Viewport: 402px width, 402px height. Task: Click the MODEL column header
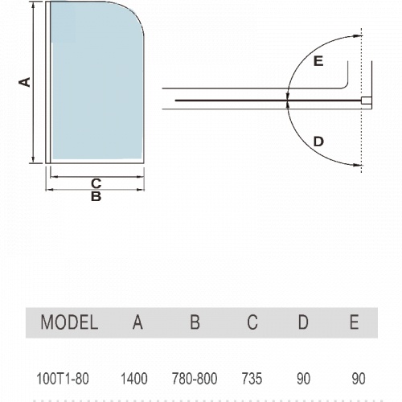69,322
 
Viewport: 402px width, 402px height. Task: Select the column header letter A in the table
137,322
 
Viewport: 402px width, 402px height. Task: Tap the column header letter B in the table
195,322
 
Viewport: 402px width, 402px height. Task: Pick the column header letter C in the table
252,322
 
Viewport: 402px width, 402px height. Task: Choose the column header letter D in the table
303,322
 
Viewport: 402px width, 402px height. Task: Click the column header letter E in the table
355,322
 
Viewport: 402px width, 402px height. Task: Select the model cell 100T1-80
63,379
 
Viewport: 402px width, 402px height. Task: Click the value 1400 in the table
134,379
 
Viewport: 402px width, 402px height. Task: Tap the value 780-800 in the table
195,379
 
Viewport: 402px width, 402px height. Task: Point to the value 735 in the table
252,379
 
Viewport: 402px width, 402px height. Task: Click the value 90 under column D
303,379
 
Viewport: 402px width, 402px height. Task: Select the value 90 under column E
359,379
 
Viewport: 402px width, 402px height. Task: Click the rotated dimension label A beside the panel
25,82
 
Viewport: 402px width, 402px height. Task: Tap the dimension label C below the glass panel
96,183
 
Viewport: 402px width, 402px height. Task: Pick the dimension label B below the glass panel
96,196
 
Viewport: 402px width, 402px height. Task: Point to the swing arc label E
318,61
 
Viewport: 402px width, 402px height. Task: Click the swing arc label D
318,142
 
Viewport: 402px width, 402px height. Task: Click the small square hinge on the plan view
366,100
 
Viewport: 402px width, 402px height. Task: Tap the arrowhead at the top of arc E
358,36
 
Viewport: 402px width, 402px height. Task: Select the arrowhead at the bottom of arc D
358,165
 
